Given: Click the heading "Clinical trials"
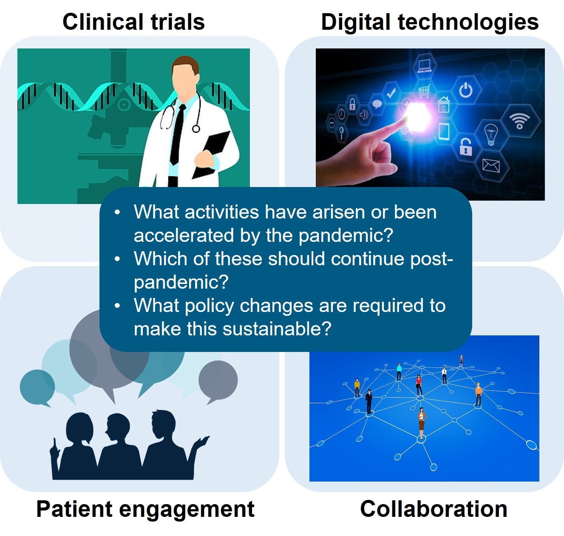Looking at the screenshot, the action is [133, 22].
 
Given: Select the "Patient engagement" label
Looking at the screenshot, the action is [145, 510].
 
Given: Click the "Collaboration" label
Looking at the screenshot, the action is [434, 509].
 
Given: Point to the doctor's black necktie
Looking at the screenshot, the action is [178, 134].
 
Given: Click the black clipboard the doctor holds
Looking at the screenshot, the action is [212, 155].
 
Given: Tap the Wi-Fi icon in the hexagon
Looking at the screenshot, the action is [519, 121].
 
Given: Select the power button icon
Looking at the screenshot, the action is [465, 90].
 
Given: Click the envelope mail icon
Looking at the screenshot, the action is [491, 166].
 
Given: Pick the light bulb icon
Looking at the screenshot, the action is [491, 134].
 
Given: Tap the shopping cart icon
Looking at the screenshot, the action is [424, 91].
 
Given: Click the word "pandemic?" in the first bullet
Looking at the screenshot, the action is [346, 236].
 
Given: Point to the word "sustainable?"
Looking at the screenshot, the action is [277, 329].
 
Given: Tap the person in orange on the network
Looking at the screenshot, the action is [478, 394].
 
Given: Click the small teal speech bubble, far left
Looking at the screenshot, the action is [37, 387].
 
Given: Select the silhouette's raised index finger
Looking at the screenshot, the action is [54, 443].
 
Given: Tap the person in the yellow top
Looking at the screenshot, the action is [357, 387].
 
